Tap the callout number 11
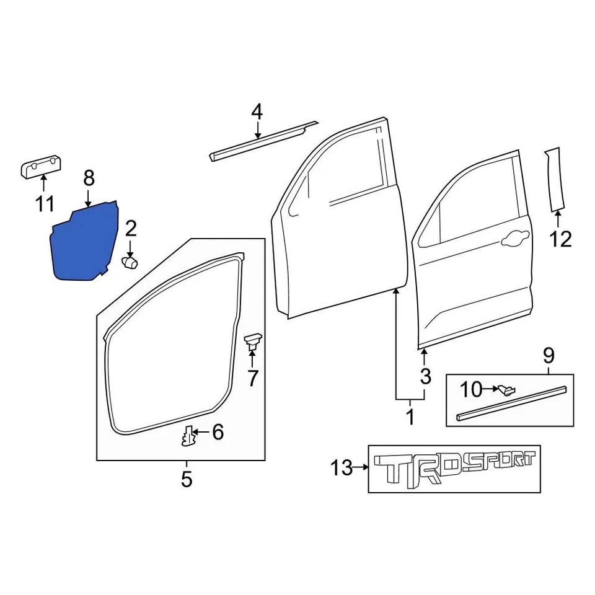click(x=45, y=203)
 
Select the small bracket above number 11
click(x=42, y=167)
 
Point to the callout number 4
click(x=257, y=112)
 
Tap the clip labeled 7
click(x=253, y=341)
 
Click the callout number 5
click(x=187, y=479)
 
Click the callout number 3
click(x=424, y=376)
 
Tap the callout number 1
click(x=410, y=416)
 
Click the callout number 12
click(x=561, y=238)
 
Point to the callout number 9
click(x=549, y=356)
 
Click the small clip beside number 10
click(x=506, y=389)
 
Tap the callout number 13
click(x=342, y=468)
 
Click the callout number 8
click(x=89, y=179)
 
